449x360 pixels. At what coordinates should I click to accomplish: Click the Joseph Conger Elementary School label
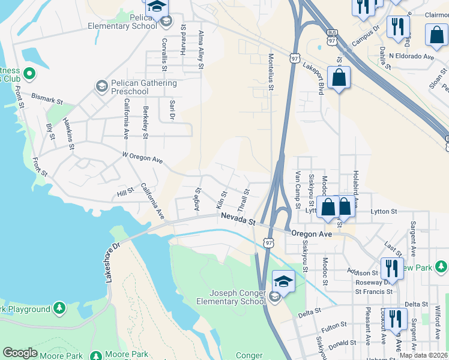[x=237, y=297]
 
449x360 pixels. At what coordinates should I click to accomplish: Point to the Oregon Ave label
[x=312, y=233]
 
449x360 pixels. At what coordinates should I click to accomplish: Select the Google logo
[x=20, y=352]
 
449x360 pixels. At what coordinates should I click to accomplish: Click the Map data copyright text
[x=424, y=355]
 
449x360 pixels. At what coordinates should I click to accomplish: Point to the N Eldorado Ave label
[x=411, y=56]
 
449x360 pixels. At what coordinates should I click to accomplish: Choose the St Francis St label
[x=373, y=292]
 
